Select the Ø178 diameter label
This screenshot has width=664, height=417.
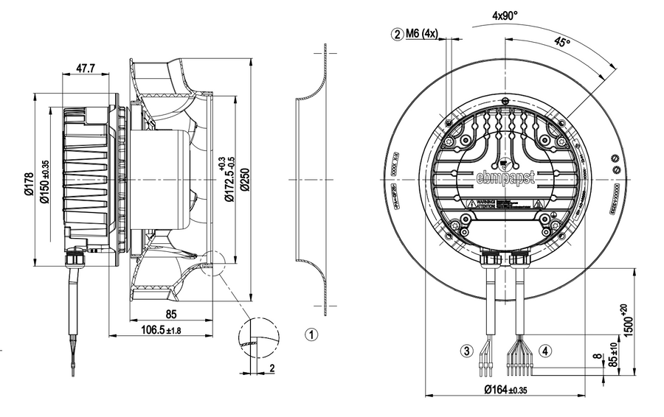point(29,185)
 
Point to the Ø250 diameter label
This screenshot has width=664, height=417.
point(243,179)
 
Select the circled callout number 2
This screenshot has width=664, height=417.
point(398,34)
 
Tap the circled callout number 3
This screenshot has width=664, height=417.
point(466,351)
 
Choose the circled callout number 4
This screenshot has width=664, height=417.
point(544,351)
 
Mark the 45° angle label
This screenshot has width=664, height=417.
point(563,43)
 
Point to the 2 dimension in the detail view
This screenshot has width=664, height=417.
point(272,368)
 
